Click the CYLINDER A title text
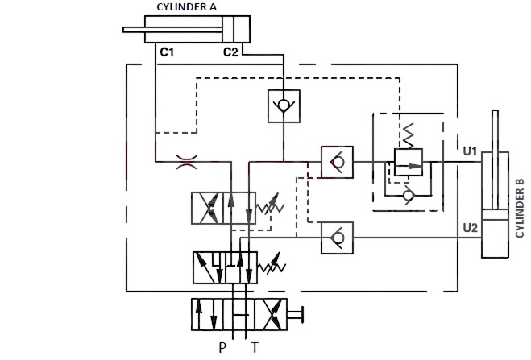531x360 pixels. click(x=186, y=6)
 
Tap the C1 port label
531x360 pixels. click(x=167, y=52)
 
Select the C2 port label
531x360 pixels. click(x=230, y=52)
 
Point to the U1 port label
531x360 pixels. click(x=470, y=151)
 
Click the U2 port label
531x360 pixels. click(x=470, y=228)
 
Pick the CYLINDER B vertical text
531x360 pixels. click(x=520, y=208)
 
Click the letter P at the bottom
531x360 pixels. click(x=222, y=347)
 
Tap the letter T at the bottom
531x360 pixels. click(x=255, y=347)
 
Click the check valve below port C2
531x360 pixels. click(x=284, y=106)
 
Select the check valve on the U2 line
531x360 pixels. click(x=337, y=238)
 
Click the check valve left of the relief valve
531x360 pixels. click(x=337, y=162)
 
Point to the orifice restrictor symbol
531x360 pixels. click(x=187, y=162)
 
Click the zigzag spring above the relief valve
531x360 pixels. click(x=408, y=135)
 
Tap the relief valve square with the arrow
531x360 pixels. click(x=409, y=162)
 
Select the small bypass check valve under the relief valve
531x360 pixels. click(x=408, y=195)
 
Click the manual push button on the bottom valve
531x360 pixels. click(x=295, y=315)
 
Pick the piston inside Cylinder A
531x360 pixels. click(x=227, y=30)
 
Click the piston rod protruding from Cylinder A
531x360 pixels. click(x=172, y=30)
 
